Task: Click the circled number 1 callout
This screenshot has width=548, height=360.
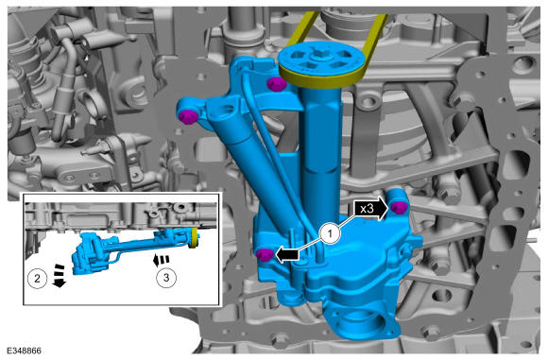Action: (x=330, y=233)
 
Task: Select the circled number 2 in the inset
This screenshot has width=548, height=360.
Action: (x=37, y=279)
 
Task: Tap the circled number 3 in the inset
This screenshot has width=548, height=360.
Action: (x=166, y=278)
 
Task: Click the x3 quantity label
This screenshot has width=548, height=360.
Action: (x=367, y=209)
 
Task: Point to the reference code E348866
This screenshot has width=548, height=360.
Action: (x=24, y=351)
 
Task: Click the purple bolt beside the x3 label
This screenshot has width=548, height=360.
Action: (x=399, y=207)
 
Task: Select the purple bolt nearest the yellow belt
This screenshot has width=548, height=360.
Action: (x=276, y=84)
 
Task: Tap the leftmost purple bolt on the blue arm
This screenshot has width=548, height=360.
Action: (x=189, y=116)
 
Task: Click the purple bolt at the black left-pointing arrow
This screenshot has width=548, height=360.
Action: (x=265, y=254)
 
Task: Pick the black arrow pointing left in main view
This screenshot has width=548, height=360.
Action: (x=287, y=255)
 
